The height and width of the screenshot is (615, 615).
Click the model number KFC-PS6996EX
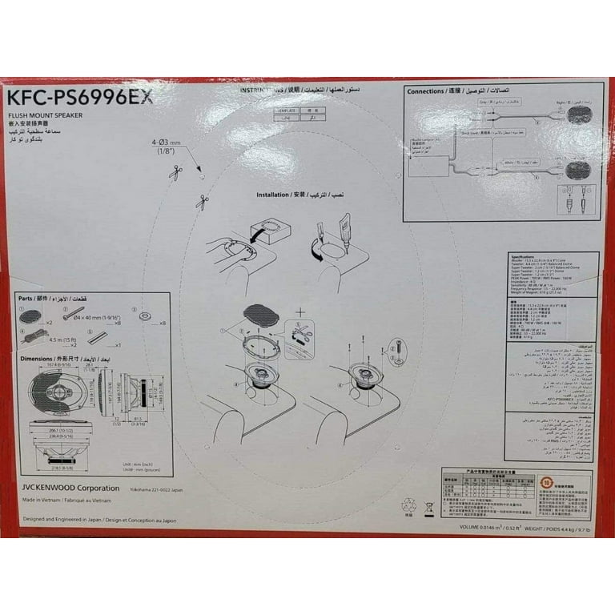pyautogui.click(x=79, y=97)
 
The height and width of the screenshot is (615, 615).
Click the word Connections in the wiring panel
pyautogui.click(x=425, y=91)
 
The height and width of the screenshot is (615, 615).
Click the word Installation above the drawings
pyautogui.click(x=273, y=195)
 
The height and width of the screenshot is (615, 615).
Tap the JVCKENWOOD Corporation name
pyautogui.click(x=70, y=488)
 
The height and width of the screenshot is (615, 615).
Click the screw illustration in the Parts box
pyautogui.click(x=73, y=313)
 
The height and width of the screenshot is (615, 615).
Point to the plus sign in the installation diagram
pyautogui.click(x=299, y=312)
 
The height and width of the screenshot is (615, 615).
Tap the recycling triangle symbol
pyautogui.click(x=408, y=506)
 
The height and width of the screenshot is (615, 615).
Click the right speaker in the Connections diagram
pyautogui.click(x=579, y=115)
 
